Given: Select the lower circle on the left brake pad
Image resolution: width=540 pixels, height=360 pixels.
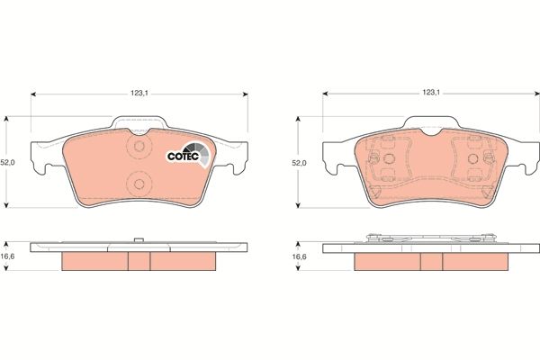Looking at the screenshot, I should pyautogui.click(x=139, y=184).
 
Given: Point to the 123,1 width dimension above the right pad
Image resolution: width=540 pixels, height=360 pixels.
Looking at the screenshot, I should pyautogui.click(x=431, y=92).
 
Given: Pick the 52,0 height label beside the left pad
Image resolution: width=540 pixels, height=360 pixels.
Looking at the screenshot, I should pyautogui.click(x=8, y=163).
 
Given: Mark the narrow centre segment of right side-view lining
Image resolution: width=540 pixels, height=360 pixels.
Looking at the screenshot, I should pyautogui.click(x=431, y=260).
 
